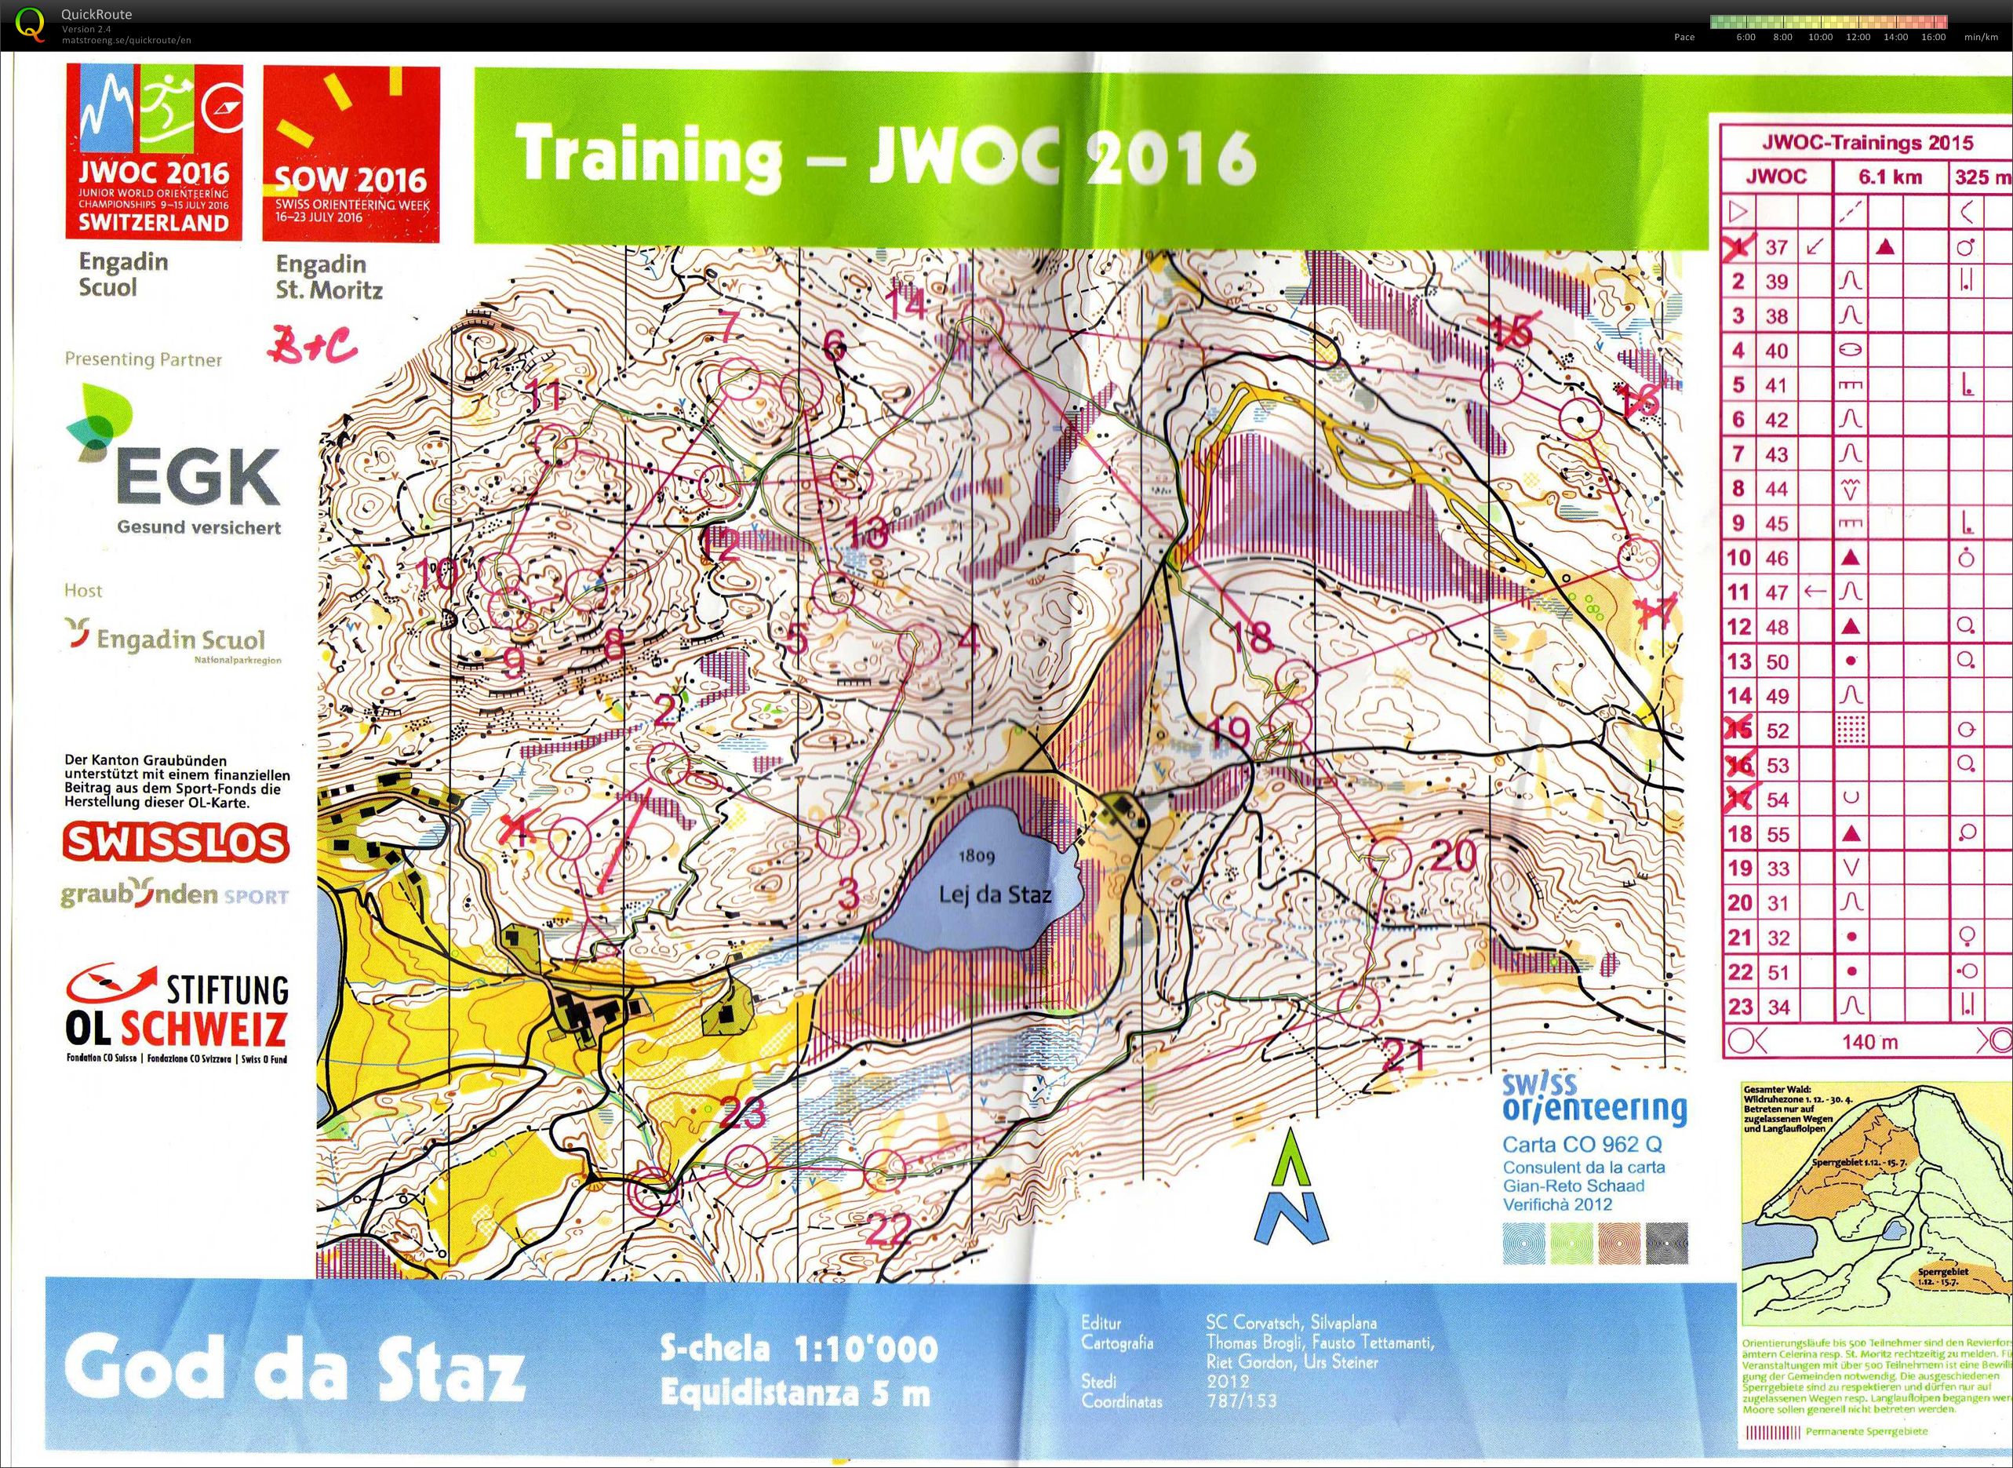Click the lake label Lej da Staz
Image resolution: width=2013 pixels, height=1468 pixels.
click(995, 894)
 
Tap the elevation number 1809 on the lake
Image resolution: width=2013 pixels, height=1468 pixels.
click(975, 858)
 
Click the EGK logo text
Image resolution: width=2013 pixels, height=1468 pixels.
click(197, 478)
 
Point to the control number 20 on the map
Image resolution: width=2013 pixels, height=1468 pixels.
click(1454, 856)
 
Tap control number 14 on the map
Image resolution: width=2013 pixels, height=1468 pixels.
click(907, 304)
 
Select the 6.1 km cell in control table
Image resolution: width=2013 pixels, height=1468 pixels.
click(1890, 177)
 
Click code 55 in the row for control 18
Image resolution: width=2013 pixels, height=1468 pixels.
click(1777, 833)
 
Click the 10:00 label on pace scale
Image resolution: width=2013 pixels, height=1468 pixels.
click(1820, 38)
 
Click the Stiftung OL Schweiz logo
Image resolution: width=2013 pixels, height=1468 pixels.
click(177, 1013)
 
